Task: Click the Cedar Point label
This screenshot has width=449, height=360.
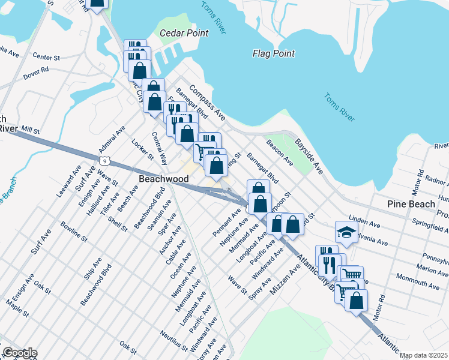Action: (184, 33)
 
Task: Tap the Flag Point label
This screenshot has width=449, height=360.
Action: (273, 53)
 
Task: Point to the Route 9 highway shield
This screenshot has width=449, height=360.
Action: (104, 159)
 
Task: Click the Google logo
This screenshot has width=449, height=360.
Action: (19, 353)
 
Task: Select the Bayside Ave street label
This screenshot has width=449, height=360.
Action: (309, 157)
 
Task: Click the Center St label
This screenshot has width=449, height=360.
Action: (47, 58)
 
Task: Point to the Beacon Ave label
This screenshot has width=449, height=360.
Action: (280, 154)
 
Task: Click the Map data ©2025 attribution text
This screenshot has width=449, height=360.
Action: (423, 355)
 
